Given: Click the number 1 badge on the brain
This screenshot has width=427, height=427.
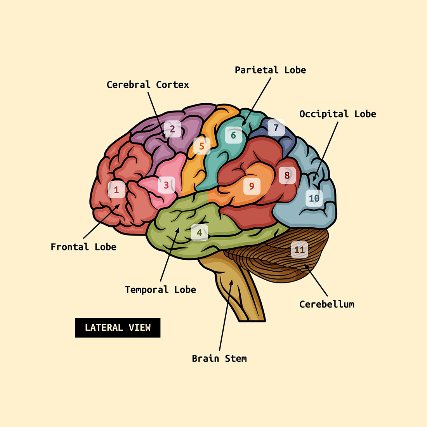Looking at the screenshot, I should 116,190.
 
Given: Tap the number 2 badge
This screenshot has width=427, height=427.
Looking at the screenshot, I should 172,129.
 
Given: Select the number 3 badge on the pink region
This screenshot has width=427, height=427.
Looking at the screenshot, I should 166,185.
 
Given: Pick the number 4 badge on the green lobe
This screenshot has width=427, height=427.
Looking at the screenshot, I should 199,233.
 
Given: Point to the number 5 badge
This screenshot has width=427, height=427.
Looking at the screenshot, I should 201,146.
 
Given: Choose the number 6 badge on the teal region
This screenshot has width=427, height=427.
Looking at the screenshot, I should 233,135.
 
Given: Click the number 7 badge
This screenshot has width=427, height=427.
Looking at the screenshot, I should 276,128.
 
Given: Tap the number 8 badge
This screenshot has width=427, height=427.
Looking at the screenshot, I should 287,175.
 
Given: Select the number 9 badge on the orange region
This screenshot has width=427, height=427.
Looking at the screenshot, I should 252,187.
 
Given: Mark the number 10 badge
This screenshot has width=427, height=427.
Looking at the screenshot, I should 314,198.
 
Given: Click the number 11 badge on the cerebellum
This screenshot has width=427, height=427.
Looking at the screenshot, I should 299,250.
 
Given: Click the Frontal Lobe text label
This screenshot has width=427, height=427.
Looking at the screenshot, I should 83,247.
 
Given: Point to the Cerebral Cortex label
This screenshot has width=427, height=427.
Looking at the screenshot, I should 148,85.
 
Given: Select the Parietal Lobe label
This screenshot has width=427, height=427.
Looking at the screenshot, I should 270,70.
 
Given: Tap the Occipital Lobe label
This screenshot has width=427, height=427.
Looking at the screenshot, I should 337,114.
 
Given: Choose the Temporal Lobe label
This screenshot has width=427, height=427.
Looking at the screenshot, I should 160,290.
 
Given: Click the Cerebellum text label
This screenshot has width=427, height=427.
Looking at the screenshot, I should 326,304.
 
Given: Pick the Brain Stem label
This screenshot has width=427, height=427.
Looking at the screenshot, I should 219,358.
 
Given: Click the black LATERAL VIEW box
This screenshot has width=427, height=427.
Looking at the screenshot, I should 118,328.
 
